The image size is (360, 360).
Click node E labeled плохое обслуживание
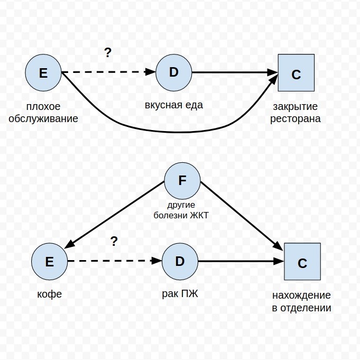[43, 72]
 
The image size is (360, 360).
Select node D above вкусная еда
[174, 72]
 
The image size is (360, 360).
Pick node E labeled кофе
[50, 262]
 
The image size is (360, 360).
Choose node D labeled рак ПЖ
[180, 262]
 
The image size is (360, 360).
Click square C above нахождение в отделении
[302, 262]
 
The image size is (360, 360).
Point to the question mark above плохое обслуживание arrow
[108, 52]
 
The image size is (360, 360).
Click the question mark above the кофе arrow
[114, 242]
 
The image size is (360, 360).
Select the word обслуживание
[43, 118]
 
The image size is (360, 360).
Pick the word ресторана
[296, 118]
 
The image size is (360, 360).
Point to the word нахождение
[302, 295]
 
